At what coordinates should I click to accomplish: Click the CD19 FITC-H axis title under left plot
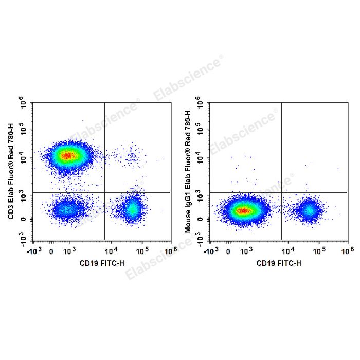pos(102,263)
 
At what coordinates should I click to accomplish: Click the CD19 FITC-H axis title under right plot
pos(279,263)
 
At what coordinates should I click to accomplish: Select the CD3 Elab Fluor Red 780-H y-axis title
pos(11,171)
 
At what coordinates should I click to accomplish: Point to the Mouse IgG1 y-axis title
pos(188,171)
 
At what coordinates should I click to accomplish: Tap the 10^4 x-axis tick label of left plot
pos(111,250)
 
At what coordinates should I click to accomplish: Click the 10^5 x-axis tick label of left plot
pos(142,250)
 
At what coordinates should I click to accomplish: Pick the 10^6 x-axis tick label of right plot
pos(348,250)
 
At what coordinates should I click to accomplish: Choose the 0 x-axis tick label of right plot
pos(228,252)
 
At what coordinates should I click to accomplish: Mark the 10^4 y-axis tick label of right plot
pos(200,158)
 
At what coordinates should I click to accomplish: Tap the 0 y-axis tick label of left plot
pos(23,219)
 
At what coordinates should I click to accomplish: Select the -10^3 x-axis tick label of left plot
pos(34,250)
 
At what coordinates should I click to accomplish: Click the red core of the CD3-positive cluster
pos(67,156)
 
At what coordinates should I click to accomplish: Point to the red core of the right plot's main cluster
pos(243,210)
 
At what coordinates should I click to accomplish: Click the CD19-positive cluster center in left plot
pos(133,209)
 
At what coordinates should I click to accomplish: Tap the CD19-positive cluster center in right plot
pos(309,210)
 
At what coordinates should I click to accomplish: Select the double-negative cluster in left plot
pos(66,209)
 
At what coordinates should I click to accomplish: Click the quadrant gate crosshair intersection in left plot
pos(105,192)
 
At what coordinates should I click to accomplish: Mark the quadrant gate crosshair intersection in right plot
pos(281,192)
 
